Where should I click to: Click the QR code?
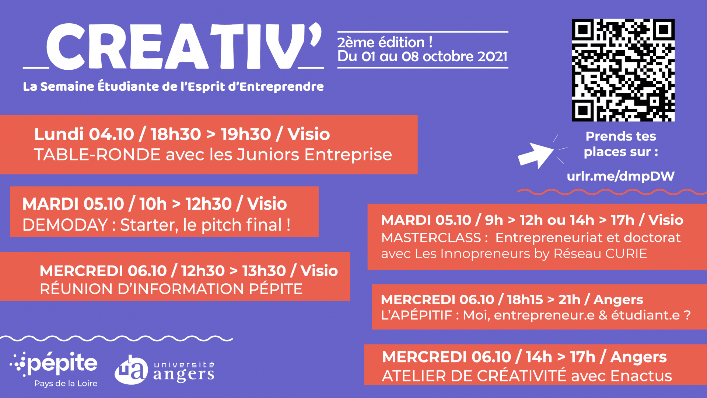[x=623, y=70]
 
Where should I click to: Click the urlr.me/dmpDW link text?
[x=620, y=176]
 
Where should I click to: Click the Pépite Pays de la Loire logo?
[x=54, y=369]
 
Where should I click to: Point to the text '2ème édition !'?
[x=385, y=42]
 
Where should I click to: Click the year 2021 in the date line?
[x=492, y=56]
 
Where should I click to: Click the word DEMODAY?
[x=65, y=225]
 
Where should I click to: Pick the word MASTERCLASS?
[x=431, y=238]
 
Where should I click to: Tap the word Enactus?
[x=641, y=376]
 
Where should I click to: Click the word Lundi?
[x=59, y=134]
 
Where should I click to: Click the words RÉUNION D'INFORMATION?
[x=142, y=289]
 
